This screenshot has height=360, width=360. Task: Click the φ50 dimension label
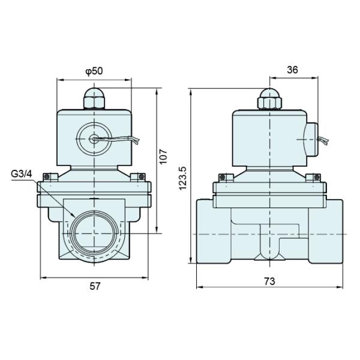tap(94, 71)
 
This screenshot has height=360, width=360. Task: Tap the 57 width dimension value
tap(94, 286)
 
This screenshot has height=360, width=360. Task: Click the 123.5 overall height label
tap(184, 178)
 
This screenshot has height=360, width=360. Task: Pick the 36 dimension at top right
tap(292, 70)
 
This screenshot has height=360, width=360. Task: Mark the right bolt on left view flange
tap(140, 177)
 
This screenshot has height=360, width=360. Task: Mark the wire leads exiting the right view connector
tap(324, 142)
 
